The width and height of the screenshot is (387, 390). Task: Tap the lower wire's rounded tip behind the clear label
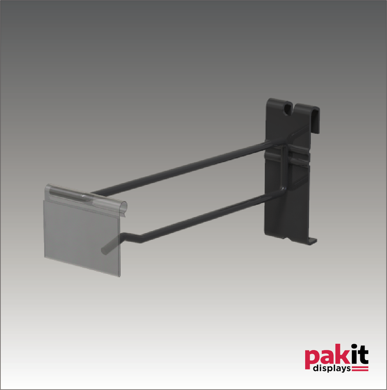(x=104, y=250)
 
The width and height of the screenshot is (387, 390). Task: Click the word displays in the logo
(x=332, y=369)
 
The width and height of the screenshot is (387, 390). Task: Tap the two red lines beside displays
(x=360, y=369)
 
